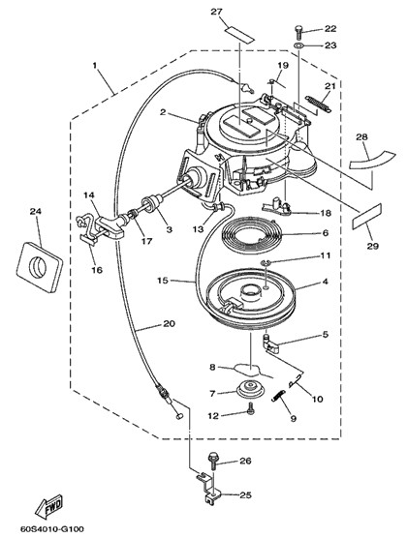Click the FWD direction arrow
point(48,507)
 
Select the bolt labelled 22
point(298,33)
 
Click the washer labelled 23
point(298,45)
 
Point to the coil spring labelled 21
point(319,104)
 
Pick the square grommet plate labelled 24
point(39,267)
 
